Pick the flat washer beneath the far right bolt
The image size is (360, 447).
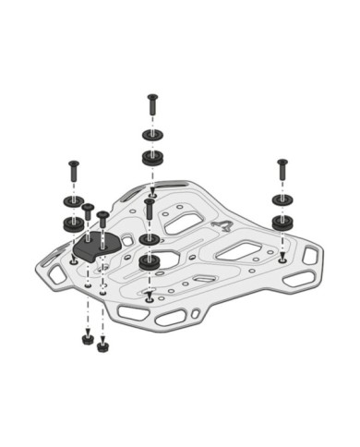[282, 201]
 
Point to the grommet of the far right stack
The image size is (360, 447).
[282, 222]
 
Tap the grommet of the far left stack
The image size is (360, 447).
[72, 223]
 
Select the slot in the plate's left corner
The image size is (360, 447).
[58, 274]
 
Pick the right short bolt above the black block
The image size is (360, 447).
[102, 223]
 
